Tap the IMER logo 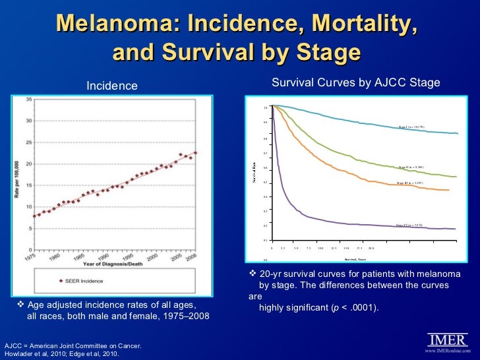coord(448,340)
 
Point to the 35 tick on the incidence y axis coord(29,100)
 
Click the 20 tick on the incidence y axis coord(29,164)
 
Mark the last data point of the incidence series coord(195,153)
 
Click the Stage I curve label coord(415,127)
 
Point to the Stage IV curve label coord(414,225)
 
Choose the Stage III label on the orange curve coord(414,183)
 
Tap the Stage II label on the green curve coord(415,168)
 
